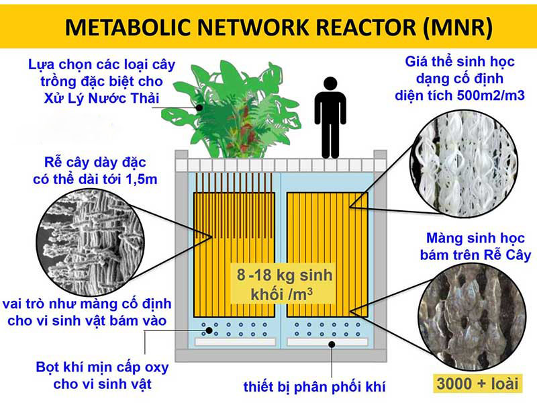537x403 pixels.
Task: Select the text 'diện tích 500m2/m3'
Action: point(460,96)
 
